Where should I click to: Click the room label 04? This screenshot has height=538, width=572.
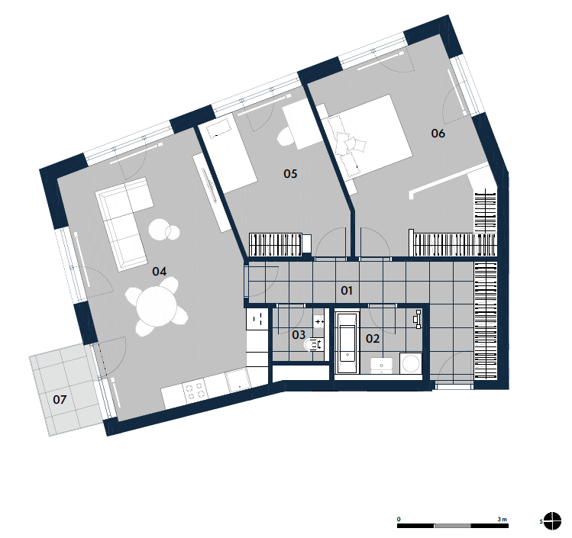pos(160,271)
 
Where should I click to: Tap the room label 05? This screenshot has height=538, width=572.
pos(290,173)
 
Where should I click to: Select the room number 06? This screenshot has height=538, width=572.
pos(438,134)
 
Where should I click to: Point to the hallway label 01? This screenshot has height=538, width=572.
pos(347,291)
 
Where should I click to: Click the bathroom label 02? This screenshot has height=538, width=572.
pos(373,339)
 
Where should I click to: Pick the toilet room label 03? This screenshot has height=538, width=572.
pos(299,334)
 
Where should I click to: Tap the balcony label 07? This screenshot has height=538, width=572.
pos(60,399)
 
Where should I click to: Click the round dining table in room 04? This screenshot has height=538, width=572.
pos(157,305)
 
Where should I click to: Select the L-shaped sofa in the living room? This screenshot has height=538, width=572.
pos(124,222)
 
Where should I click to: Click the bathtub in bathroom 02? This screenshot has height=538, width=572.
pos(347,343)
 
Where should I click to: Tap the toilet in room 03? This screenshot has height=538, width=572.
pos(314,344)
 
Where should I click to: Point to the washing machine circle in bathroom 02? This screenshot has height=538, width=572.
pos(411,363)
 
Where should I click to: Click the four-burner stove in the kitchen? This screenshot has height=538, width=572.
pos(195,391)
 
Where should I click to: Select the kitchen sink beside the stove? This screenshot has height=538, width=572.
pos(238,381)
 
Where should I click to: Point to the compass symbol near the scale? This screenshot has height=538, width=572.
pos(552,521)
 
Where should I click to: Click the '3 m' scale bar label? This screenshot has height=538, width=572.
pos(502,519)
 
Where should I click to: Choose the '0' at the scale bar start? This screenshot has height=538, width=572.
pos(399,519)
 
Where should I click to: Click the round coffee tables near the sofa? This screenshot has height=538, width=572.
pos(164,230)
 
